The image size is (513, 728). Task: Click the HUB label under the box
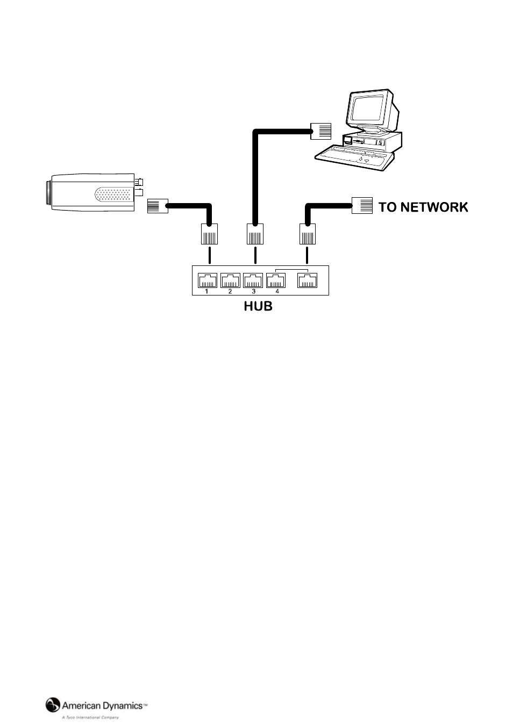(x=258, y=306)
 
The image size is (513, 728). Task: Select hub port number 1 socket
(x=208, y=280)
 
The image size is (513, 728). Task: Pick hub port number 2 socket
(x=231, y=280)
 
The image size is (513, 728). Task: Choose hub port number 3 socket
(x=253, y=280)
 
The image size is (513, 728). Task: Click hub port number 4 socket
(x=276, y=280)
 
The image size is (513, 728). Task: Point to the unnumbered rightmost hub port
(x=308, y=280)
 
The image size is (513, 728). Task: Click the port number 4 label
(x=277, y=292)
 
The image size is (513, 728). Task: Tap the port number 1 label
(x=206, y=292)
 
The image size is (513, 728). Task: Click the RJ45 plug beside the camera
(x=158, y=206)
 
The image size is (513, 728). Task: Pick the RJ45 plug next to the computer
(x=322, y=131)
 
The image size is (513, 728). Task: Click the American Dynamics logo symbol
(x=53, y=705)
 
